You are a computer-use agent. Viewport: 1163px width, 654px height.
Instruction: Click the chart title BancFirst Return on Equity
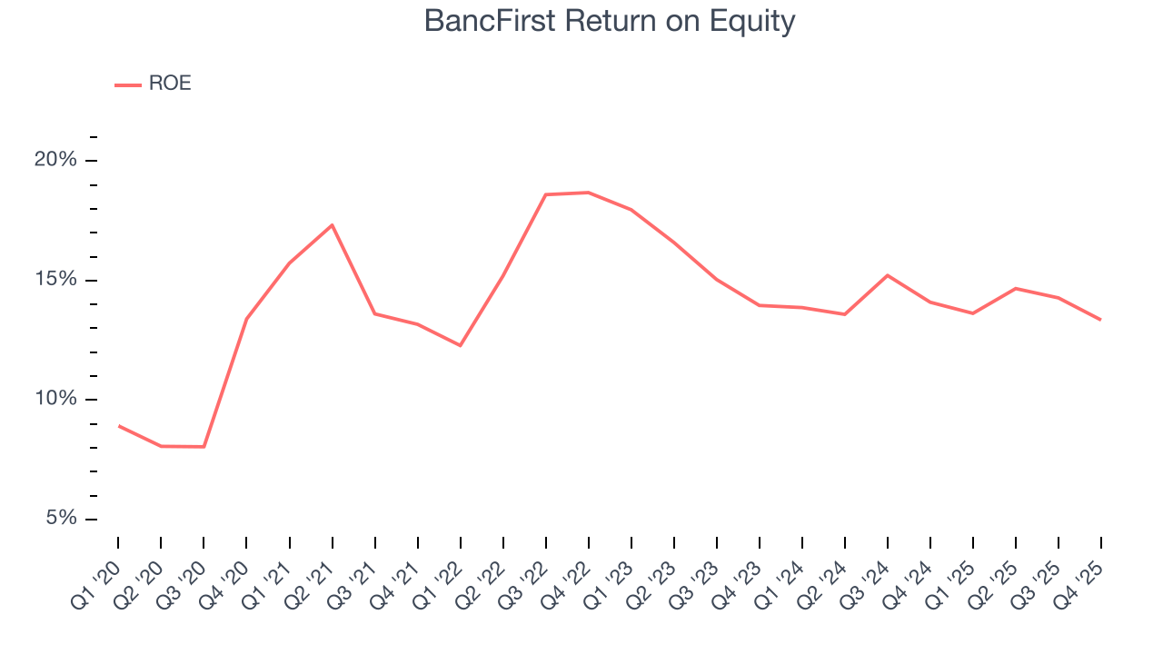point(610,22)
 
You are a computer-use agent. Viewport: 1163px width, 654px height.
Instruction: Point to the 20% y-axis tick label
point(55,161)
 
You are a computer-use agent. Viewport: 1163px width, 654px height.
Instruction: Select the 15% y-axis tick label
point(55,280)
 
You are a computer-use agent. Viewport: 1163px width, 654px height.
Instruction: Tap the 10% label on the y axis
point(55,400)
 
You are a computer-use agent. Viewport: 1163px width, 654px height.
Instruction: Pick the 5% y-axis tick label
point(60,519)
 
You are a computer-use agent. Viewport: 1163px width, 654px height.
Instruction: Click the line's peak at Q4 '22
point(589,193)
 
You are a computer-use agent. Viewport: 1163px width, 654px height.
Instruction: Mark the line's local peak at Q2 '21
point(333,224)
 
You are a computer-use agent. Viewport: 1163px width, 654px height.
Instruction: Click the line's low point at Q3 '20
point(204,447)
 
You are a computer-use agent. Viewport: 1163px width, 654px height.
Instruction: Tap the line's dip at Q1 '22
point(461,345)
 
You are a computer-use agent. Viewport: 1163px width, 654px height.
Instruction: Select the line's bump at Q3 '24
point(888,275)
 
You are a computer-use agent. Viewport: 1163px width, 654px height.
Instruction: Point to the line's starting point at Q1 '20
point(118,425)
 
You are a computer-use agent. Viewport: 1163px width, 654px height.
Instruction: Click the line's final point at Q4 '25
point(1101,320)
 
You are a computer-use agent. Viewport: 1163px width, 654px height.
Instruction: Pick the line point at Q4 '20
point(246,319)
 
